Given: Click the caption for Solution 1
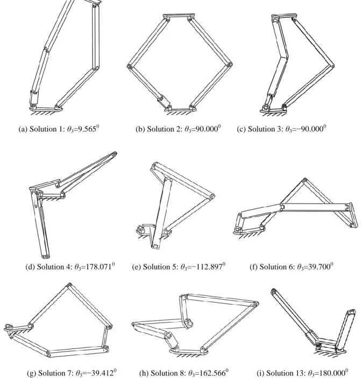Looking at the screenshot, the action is [x=59, y=129].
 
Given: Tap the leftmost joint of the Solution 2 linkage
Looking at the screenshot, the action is [x=129, y=66].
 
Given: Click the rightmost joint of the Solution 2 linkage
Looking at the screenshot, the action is [x=230, y=65].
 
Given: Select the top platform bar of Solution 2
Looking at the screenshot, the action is [x=179, y=16].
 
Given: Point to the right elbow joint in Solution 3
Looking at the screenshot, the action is [x=332, y=66].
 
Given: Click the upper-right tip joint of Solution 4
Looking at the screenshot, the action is [x=115, y=153].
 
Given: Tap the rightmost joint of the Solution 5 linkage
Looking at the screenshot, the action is [x=212, y=197].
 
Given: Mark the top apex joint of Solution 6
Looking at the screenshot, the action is [x=305, y=180].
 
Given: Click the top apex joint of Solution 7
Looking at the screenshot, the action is [x=69, y=285].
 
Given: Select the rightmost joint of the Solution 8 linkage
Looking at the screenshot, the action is [x=256, y=304].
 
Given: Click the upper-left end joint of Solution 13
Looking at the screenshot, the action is [x=273, y=291].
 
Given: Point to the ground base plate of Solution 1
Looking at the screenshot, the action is [x=46, y=109].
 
